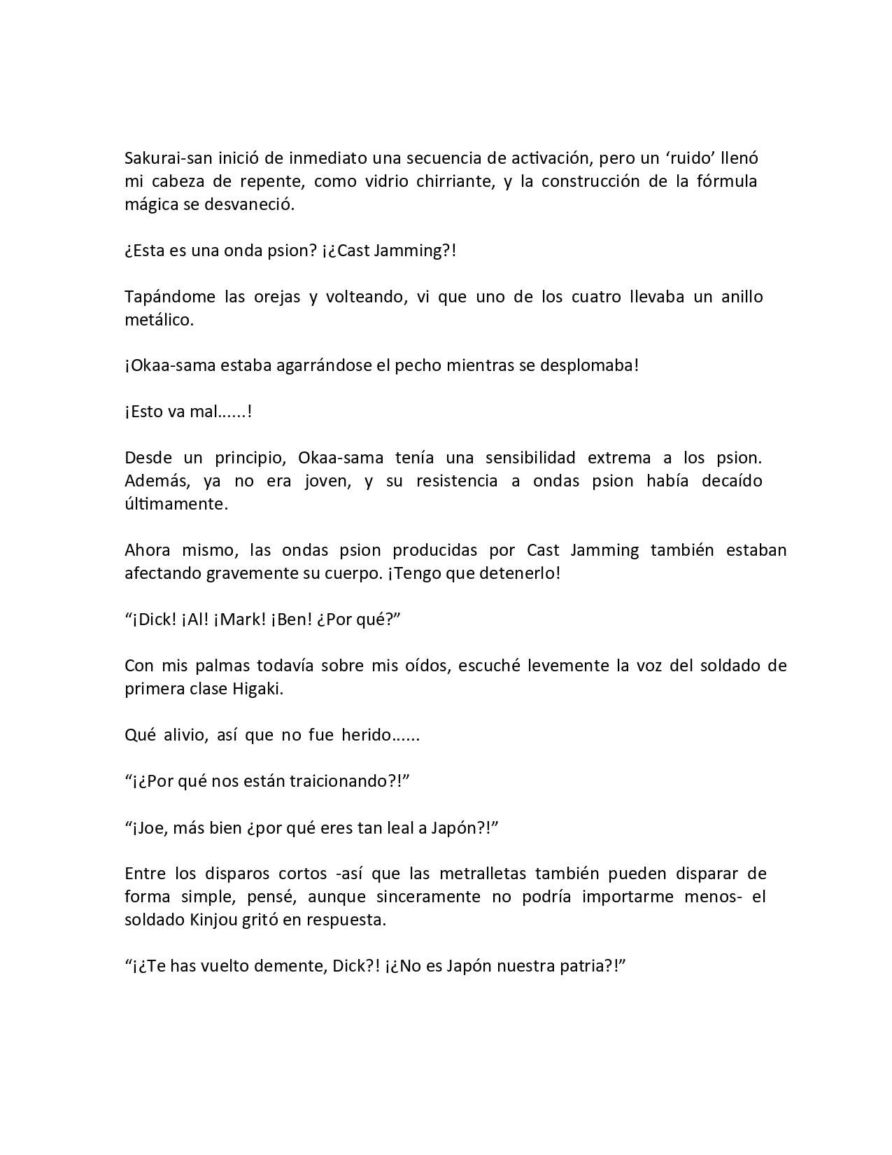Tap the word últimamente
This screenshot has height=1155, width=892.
coord(176,504)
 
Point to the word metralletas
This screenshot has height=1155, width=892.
coord(483,874)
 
